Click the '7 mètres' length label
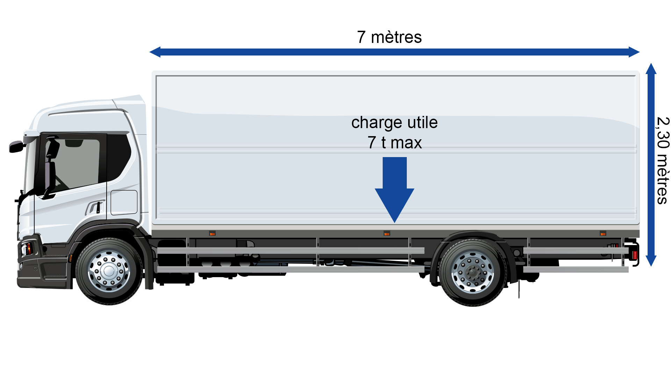click(389, 37)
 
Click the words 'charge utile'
click(394, 123)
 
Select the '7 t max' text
click(395, 142)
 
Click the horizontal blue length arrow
click(395, 52)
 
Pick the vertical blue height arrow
click(651, 165)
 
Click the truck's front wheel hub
click(109, 271)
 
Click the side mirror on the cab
click(16, 147)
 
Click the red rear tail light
click(635, 255)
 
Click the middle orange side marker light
click(387, 233)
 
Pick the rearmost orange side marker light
click(603, 233)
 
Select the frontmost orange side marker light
click(212, 233)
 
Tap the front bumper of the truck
click(42, 269)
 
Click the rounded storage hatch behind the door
click(124, 202)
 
